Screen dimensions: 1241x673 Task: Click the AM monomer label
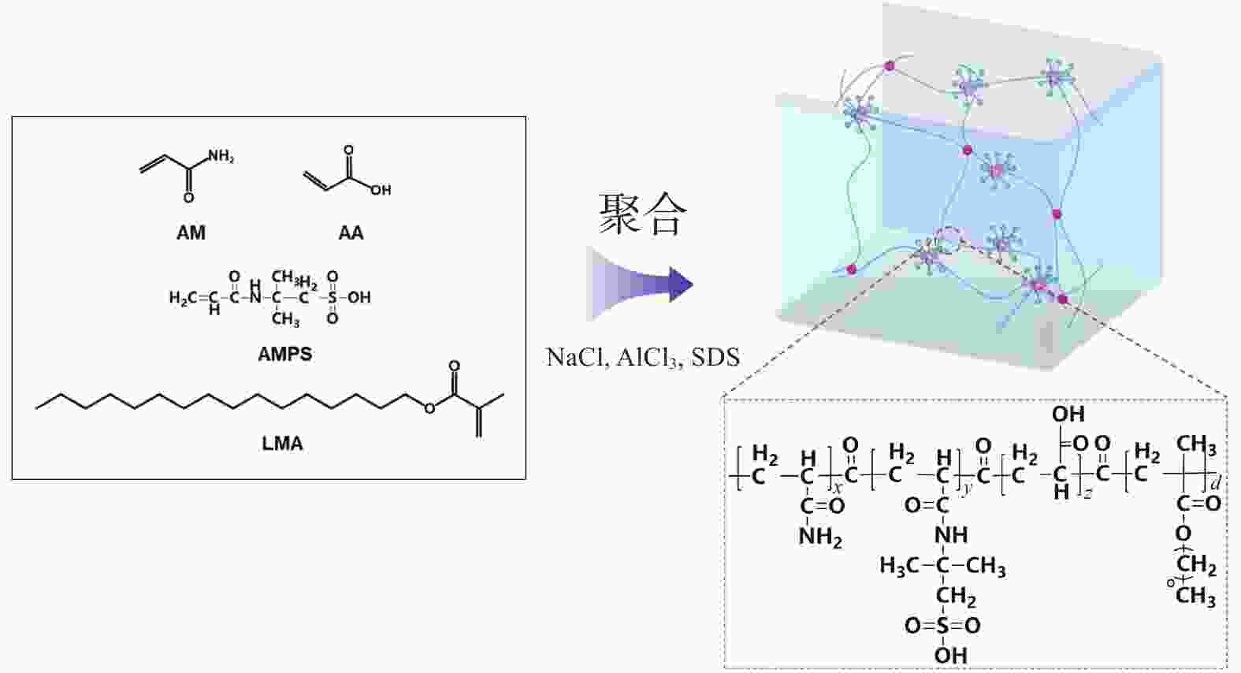click(x=191, y=232)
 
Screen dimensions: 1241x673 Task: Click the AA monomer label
click(x=351, y=232)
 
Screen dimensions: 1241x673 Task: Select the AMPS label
click(x=284, y=354)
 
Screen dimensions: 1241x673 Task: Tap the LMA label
click(x=283, y=444)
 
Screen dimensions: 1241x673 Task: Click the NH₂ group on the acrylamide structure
click(x=221, y=157)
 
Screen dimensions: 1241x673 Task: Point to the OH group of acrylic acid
click(x=381, y=191)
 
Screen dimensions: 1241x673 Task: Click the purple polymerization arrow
click(x=640, y=284)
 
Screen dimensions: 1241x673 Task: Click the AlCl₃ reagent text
click(x=647, y=358)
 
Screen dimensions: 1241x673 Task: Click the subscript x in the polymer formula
click(x=838, y=488)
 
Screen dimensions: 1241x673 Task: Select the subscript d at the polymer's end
click(x=1216, y=484)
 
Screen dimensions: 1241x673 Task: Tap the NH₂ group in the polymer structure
click(x=820, y=537)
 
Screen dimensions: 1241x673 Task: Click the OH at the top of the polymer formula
click(x=1068, y=414)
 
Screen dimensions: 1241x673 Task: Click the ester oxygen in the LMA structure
click(x=429, y=409)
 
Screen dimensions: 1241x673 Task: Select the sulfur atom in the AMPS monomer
click(x=332, y=297)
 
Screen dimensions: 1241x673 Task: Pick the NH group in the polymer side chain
click(x=951, y=535)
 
